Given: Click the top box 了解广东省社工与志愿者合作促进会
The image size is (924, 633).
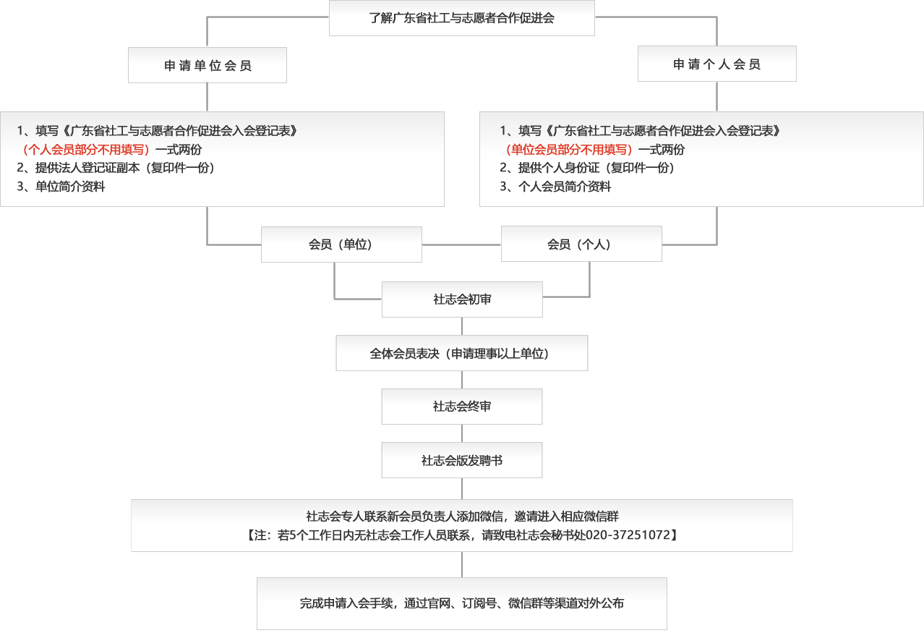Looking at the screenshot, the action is pos(461,18).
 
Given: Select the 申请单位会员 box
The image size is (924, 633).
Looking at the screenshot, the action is pos(208,65).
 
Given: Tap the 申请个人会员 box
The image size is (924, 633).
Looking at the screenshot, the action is pos(717,64).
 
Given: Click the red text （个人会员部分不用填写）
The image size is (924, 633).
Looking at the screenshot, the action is pos(86,149).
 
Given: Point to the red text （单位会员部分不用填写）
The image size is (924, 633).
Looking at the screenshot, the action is pos(569,149).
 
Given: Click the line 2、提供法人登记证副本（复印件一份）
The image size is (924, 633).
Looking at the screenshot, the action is pos(116,168).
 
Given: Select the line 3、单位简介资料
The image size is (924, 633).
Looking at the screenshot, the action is pos(61,187).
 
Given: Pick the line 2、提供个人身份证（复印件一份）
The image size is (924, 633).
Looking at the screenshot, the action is pos(587,168).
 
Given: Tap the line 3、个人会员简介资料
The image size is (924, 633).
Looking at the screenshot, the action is pos(555,187).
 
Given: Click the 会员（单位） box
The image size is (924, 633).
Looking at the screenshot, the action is pos(341,245).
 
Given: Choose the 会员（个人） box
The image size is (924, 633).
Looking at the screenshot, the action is pos(581,244).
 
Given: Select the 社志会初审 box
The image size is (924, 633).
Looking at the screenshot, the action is pos(462,299).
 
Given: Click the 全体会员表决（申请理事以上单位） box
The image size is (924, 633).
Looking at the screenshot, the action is pos(462,353).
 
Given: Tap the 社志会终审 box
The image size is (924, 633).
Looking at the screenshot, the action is pos(462,407).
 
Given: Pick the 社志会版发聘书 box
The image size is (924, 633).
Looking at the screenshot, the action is pos(462,460).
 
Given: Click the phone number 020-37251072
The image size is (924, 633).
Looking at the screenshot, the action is pos(628,535).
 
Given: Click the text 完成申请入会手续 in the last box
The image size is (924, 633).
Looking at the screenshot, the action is pos(346,603).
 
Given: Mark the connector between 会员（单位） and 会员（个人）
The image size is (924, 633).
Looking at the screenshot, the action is pos(461,245).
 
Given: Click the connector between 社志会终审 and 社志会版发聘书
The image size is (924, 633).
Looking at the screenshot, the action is pos(462,433).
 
